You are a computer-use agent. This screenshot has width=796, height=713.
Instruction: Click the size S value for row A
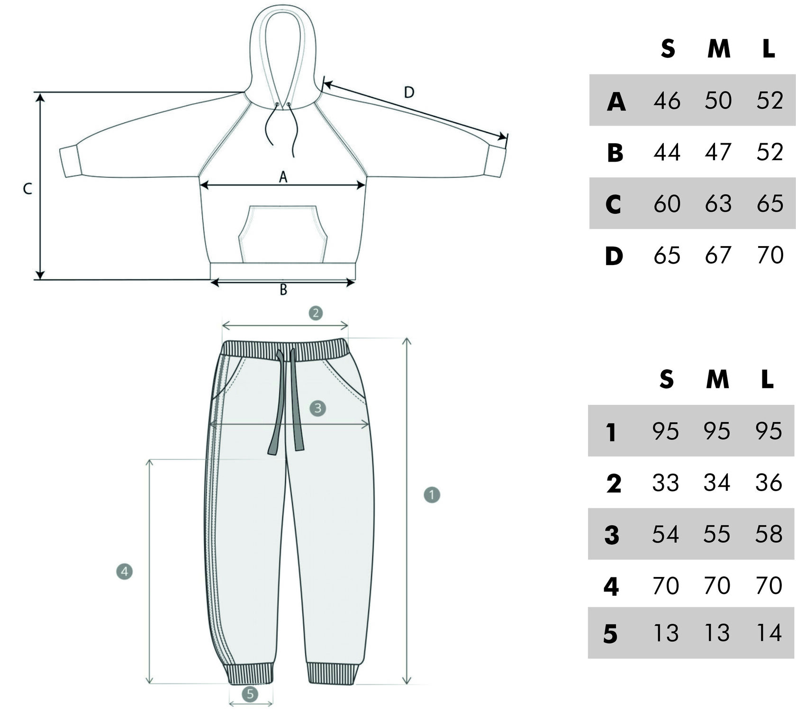coord(667,101)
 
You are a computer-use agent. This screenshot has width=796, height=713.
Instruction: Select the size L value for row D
coord(769,255)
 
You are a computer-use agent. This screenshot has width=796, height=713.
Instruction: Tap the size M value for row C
coord(718,203)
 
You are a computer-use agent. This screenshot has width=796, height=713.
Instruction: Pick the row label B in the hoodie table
coord(615,153)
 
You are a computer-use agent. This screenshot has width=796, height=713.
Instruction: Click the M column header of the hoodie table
coord(718,49)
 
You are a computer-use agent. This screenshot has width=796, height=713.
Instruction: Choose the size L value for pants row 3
coord(769,534)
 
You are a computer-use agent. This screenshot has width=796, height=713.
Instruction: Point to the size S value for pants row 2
coord(666,483)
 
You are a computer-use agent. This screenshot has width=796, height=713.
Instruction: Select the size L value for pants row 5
coord(769,633)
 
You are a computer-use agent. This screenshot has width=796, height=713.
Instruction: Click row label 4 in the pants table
coord(611,586)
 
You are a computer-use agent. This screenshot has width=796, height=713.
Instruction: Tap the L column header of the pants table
coord(768,380)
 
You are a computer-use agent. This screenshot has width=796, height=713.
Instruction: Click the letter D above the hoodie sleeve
coord(409,92)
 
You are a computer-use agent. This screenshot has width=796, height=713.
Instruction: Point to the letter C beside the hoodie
coord(27,189)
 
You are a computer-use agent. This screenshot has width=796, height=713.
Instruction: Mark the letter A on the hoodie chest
coord(283,177)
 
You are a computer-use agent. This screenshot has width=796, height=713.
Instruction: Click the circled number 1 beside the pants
coord(432,495)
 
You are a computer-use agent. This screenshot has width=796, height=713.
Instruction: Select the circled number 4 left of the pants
coord(124,572)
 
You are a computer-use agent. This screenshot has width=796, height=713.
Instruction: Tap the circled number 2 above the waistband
coord(316,312)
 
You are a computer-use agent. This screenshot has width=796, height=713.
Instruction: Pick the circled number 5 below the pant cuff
coord(250,695)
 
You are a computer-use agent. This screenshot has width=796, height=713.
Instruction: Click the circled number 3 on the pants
coord(317,408)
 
